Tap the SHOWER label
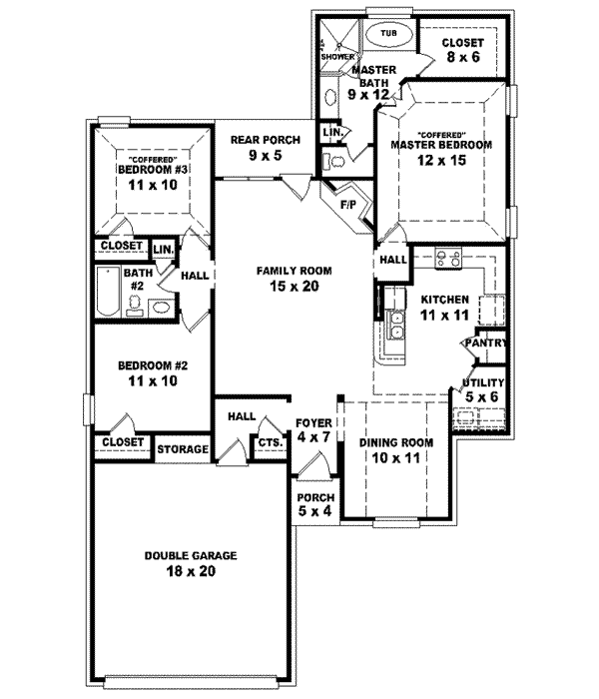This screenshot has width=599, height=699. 337,57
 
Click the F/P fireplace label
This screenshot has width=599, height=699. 348,206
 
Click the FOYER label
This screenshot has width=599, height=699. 306,422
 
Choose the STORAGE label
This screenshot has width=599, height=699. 183,449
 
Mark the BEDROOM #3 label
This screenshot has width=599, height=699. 153,170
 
